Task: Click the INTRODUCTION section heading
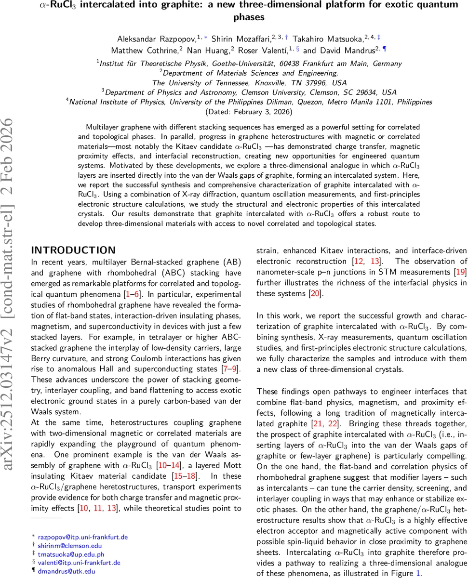[x=73, y=250]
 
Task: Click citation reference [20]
[x=315, y=293]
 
